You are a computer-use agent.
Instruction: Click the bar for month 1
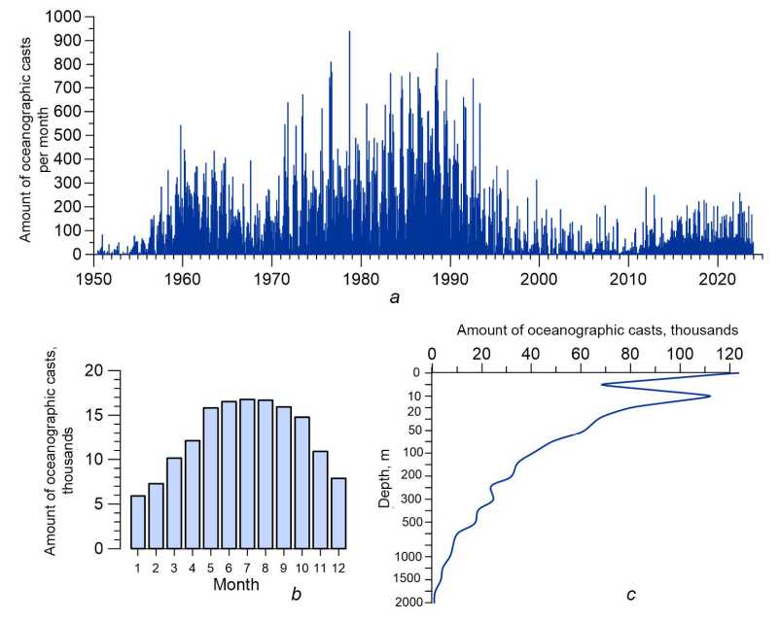138,522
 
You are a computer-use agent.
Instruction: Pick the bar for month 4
193,494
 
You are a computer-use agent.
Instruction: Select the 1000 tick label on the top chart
65,17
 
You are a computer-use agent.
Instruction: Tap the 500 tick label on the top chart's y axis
70,136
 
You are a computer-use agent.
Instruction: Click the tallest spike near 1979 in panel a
349,33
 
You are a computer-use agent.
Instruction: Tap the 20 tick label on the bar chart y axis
94,370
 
